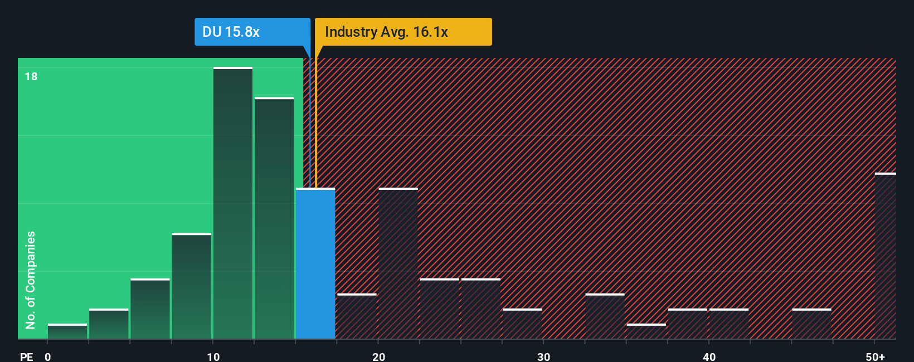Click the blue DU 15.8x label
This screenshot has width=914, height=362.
click(252, 32)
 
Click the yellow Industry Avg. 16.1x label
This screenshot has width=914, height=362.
click(403, 32)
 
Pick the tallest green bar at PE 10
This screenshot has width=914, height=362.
click(233, 203)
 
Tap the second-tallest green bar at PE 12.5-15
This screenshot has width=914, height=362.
click(274, 218)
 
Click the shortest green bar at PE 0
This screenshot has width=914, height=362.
click(67, 331)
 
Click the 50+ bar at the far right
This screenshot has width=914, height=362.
click(885, 256)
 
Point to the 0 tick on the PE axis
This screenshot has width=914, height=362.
click(48, 356)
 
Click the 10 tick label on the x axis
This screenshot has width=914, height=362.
click(213, 356)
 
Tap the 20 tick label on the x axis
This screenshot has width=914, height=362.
click(378, 356)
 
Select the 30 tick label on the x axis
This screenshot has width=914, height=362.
click(543, 356)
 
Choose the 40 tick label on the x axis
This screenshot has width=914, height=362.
click(709, 356)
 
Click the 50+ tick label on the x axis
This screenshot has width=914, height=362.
click(875, 356)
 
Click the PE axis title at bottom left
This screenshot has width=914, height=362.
click(27, 356)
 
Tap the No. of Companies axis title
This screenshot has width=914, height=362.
click(31, 280)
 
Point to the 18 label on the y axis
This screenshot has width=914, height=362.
click(31, 76)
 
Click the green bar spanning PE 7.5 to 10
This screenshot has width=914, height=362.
click(192, 286)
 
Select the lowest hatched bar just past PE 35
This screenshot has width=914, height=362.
click(646, 332)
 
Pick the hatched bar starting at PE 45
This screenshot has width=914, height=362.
click(811, 324)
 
